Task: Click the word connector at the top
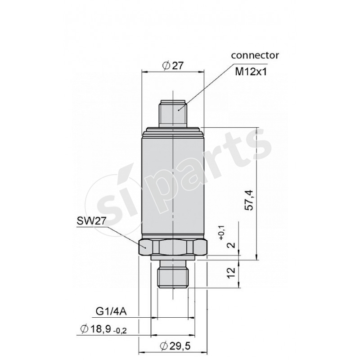[x=255, y=55]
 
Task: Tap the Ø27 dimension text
[x=173, y=65]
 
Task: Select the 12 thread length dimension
[x=231, y=273]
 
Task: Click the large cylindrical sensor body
[x=173, y=184]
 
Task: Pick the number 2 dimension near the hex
[x=231, y=245]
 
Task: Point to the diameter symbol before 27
[x=166, y=66]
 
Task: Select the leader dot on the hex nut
[x=146, y=246]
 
